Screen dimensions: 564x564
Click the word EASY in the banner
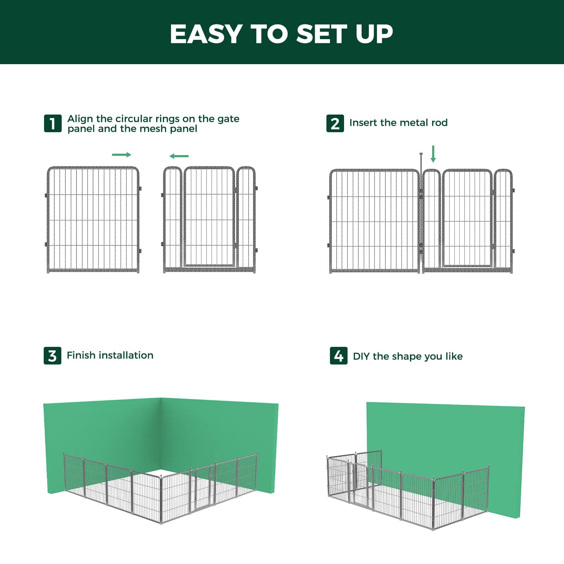(206, 34)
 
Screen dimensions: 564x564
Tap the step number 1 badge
(53, 123)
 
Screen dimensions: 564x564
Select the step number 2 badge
(335, 124)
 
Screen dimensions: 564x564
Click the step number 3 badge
(52, 356)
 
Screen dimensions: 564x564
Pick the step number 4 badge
(338, 356)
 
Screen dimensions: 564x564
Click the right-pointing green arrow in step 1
(122, 154)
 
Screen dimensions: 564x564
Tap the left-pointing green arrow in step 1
(179, 156)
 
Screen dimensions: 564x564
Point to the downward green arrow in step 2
(433, 154)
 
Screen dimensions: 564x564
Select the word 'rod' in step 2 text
(439, 123)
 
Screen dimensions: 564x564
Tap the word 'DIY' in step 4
(361, 356)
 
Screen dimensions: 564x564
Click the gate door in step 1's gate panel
(209, 217)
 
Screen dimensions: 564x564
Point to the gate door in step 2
(467, 219)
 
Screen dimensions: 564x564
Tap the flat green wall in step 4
(444, 437)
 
